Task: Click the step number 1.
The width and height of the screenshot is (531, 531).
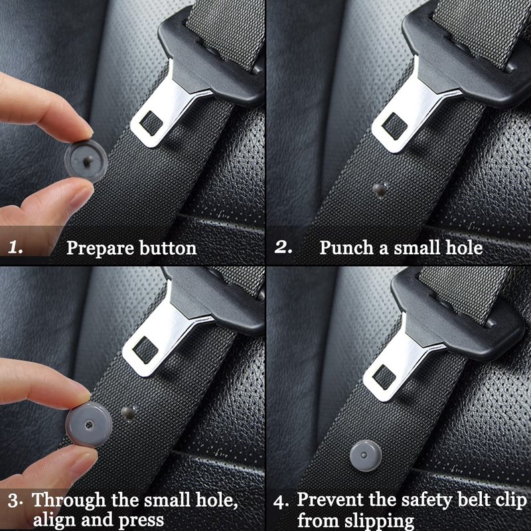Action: [x=15, y=248]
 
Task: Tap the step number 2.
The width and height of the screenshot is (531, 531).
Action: [x=283, y=247]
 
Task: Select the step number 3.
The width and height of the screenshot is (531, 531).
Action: [x=15, y=501]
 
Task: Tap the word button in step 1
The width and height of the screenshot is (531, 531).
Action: [x=168, y=248]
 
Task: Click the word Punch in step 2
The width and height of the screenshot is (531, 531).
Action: [x=346, y=248]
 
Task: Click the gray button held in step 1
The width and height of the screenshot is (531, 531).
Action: [x=86, y=159]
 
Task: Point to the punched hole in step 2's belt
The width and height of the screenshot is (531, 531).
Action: [x=380, y=190]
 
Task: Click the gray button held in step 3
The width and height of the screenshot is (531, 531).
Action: [x=89, y=424]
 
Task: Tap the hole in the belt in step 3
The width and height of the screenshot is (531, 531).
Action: [x=128, y=414]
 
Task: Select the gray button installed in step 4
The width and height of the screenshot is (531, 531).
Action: [x=366, y=456]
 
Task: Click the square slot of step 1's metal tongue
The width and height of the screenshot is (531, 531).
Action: [x=151, y=123]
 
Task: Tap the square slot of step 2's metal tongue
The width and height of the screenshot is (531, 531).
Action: [x=394, y=126]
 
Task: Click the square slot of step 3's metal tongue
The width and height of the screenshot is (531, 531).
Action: [x=145, y=350]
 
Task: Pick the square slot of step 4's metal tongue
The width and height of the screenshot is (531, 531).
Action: [x=384, y=376]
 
